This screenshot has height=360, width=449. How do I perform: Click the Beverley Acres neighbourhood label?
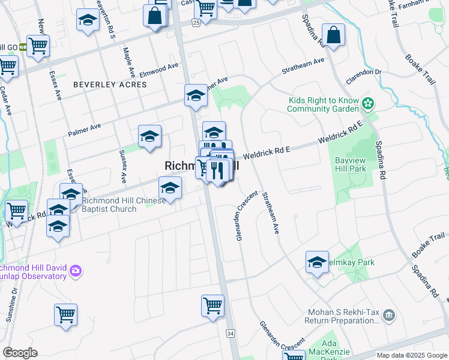point(110,85)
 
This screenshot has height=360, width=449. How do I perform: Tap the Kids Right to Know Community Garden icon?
point(368,104)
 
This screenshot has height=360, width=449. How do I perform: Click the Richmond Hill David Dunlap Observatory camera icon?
point(76,271)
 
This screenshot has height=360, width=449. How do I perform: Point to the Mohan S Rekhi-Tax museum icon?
point(388,315)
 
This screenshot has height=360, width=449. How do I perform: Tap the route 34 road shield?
point(231,333)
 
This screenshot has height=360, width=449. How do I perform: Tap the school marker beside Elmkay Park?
point(317,262)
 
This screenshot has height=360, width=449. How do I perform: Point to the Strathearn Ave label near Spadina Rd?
point(304,66)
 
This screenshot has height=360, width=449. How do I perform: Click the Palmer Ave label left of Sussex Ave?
point(84,128)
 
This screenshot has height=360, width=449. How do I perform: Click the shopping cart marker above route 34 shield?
point(212,305)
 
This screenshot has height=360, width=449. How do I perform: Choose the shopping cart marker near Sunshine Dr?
point(65,314)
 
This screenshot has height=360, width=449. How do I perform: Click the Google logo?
point(20,353)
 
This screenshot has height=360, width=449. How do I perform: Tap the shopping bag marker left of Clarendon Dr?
point(333,35)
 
